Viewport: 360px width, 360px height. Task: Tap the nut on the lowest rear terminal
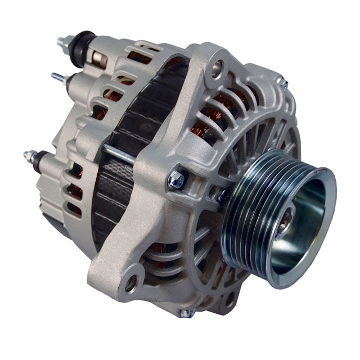tap(30, 156)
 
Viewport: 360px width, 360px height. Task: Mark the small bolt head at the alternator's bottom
tap(189, 312)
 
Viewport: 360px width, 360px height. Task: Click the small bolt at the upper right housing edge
tap(284, 83)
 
